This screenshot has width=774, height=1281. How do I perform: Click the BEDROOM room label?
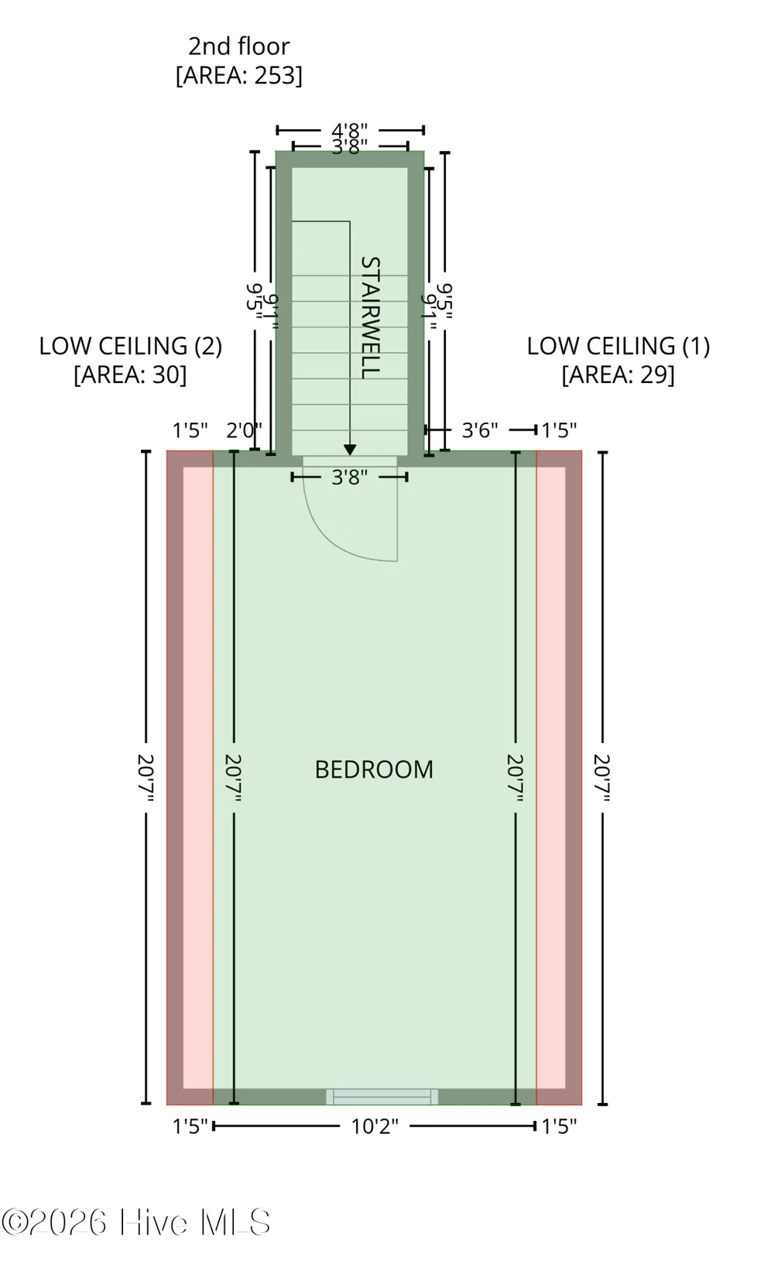click(374, 769)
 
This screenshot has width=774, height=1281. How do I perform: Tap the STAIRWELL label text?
click(371, 317)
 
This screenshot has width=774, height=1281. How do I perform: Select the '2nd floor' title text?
click(239, 46)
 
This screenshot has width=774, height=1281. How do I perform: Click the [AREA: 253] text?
click(239, 75)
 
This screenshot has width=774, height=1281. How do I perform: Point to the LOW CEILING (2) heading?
click(131, 346)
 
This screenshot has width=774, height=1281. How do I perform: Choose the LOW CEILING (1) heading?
click(618, 346)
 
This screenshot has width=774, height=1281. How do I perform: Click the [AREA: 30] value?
click(131, 375)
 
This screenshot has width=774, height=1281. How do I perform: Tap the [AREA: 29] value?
click(618, 375)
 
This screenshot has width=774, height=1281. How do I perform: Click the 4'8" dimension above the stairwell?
click(350, 130)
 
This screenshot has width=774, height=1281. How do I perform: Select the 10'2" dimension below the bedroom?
click(375, 1127)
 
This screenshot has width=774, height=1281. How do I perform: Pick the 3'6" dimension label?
click(480, 430)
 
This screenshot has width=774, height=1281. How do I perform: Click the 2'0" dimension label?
click(245, 430)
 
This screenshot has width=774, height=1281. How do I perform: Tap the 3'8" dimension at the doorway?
click(350, 477)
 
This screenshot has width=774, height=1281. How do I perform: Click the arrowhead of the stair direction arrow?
click(350, 450)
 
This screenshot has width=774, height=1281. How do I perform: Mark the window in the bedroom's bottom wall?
click(382, 1097)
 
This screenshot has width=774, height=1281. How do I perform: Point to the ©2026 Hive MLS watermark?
click(135, 1223)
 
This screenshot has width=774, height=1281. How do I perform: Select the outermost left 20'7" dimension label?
click(146, 778)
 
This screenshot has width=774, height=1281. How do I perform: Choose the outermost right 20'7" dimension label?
click(602, 778)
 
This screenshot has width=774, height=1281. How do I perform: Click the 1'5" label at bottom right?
click(560, 1127)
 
